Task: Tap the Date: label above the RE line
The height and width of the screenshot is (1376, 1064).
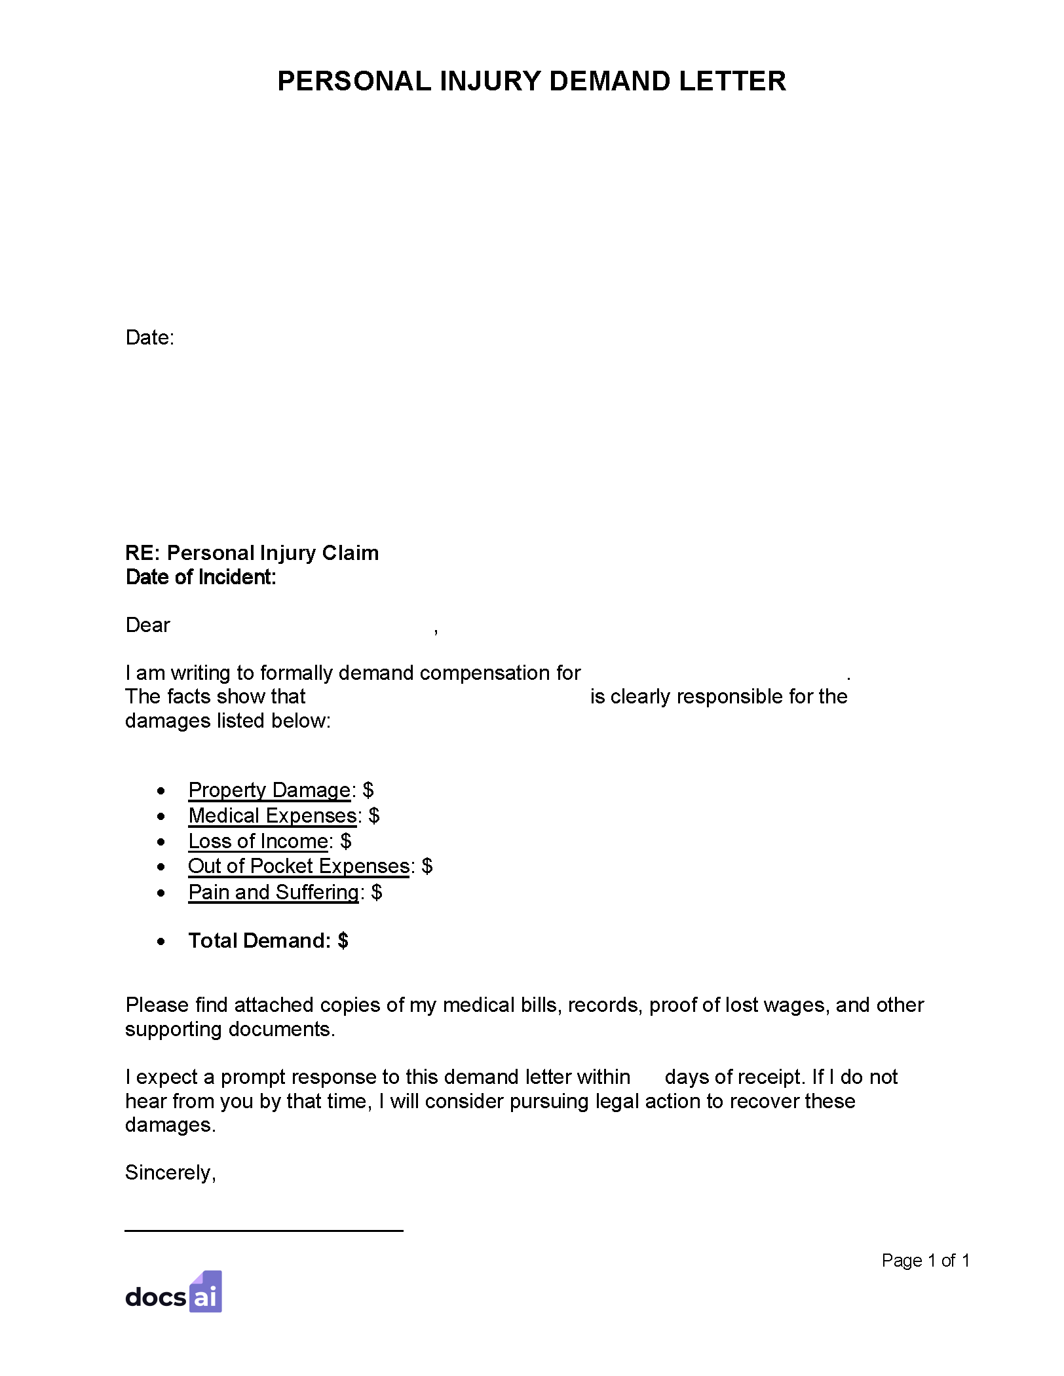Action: (x=149, y=338)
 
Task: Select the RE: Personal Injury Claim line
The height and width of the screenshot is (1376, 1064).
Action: (x=252, y=553)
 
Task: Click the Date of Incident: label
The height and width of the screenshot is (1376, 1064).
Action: (x=200, y=577)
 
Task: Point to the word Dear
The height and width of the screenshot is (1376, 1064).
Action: (x=147, y=625)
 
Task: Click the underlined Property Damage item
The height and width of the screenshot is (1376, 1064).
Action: (x=269, y=790)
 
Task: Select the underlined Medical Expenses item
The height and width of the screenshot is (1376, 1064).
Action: (x=272, y=815)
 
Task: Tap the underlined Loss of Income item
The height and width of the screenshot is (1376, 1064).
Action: (x=258, y=841)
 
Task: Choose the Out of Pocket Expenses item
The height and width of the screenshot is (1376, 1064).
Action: (x=299, y=866)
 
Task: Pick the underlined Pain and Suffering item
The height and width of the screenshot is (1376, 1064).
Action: (x=273, y=892)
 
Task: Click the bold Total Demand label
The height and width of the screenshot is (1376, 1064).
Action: (x=259, y=940)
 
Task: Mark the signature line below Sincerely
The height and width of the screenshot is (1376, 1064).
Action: (x=263, y=1231)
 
